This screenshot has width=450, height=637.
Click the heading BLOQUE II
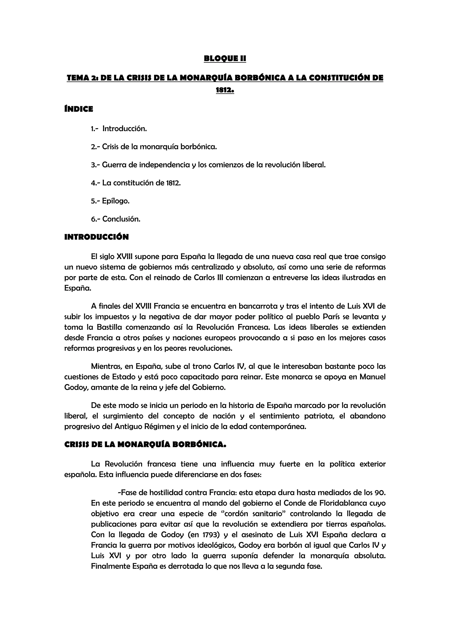[225, 58]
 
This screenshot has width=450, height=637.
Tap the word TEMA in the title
[78, 78]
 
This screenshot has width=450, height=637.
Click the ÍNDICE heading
[79, 109]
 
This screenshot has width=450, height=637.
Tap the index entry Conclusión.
[122, 219]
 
